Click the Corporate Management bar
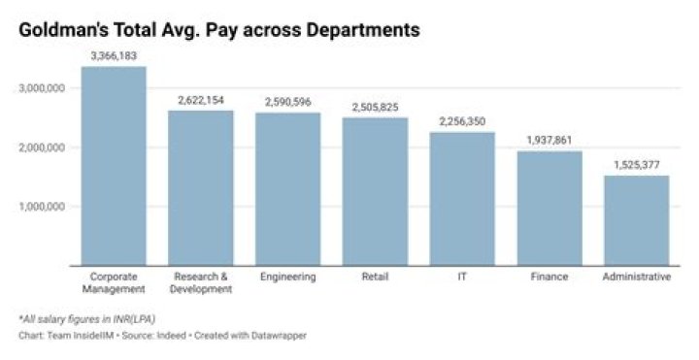(x=114, y=166)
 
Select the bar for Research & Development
(x=201, y=188)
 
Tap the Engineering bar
(x=288, y=189)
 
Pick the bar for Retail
(x=375, y=191)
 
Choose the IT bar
(x=462, y=199)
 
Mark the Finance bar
(x=549, y=209)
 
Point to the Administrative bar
(x=637, y=220)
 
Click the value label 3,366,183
(x=114, y=56)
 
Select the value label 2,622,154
(x=201, y=100)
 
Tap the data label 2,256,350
(x=462, y=121)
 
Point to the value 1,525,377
(x=637, y=165)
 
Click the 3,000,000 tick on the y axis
(x=42, y=88)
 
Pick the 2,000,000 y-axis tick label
(x=42, y=147)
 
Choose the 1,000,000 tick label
(x=42, y=207)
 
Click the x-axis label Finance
(x=549, y=277)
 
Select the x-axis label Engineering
(x=288, y=277)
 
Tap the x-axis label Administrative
(x=637, y=277)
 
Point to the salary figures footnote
(x=87, y=319)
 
